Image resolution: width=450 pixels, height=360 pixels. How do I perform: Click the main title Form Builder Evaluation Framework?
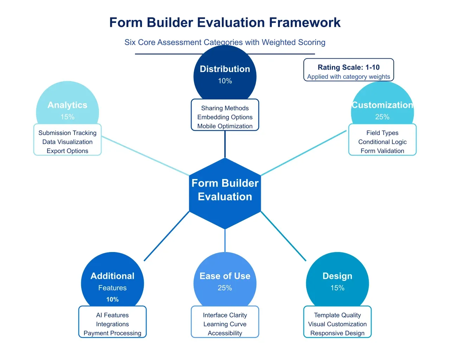coord(225,22)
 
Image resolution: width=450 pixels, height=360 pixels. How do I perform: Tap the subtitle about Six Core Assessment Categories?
coord(225,42)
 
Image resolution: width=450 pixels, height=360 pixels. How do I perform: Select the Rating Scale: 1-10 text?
coord(348,67)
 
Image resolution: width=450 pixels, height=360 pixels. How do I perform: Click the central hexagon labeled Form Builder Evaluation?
coord(225,190)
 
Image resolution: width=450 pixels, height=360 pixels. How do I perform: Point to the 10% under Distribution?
coord(225,81)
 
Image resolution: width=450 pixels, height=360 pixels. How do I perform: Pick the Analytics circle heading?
coord(67,105)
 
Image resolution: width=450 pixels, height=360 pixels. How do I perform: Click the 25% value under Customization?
coord(382,117)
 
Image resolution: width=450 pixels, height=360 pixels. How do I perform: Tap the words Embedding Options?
coord(225,117)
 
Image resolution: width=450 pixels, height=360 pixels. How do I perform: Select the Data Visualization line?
coord(67,142)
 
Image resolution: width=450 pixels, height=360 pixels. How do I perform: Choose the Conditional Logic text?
coord(382,142)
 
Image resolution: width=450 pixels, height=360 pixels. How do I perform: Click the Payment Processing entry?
coord(112,333)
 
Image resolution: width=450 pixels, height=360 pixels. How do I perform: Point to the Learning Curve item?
coord(225,324)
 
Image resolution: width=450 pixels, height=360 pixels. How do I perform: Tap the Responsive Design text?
coord(337,333)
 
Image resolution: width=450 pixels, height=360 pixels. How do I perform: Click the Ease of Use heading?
coord(225,276)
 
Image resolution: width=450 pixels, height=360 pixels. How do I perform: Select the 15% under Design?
coord(337,288)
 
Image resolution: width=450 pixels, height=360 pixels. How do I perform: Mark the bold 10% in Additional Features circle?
coord(112,300)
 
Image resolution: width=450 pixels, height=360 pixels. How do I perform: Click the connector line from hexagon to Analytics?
coord(145,156)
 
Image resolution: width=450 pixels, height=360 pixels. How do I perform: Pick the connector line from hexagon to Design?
coord(283,236)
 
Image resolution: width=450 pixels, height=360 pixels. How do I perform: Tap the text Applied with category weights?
coord(348,77)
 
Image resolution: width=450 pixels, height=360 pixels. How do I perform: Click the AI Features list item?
coord(112,315)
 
